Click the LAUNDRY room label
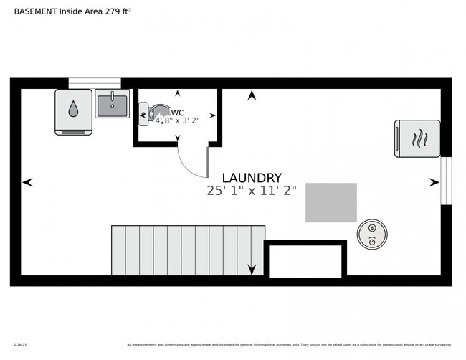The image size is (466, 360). pyautogui.click(x=252, y=178)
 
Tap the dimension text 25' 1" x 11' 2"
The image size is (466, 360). pyautogui.click(x=252, y=191)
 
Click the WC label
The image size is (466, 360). pyautogui.click(x=178, y=113)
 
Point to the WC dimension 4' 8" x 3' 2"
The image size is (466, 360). pyautogui.click(x=177, y=120)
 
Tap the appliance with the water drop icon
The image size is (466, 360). pyautogui.click(x=73, y=111)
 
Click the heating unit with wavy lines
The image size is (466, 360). pyautogui.click(x=417, y=138)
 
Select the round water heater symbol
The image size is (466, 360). pyautogui.click(x=372, y=234)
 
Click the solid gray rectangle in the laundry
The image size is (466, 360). pyautogui.click(x=331, y=202)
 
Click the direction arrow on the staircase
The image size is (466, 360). pyautogui.click(x=252, y=269)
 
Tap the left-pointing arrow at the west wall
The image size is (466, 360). pyautogui.click(x=27, y=183)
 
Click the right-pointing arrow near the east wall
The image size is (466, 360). pyautogui.click(x=433, y=183)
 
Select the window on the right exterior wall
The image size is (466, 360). pyautogui.click(x=446, y=181)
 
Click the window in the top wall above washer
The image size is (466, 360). pyautogui.click(x=95, y=83)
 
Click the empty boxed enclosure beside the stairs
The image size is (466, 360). pyautogui.click(x=305, y=260)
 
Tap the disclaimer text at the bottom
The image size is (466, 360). pyautogui.click(x=289, y=344)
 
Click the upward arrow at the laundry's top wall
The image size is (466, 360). pyautogui.click(x=252, y=95)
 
